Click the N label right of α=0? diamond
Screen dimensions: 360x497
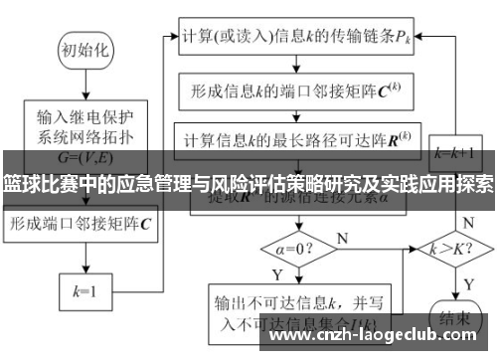(344, 237)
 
